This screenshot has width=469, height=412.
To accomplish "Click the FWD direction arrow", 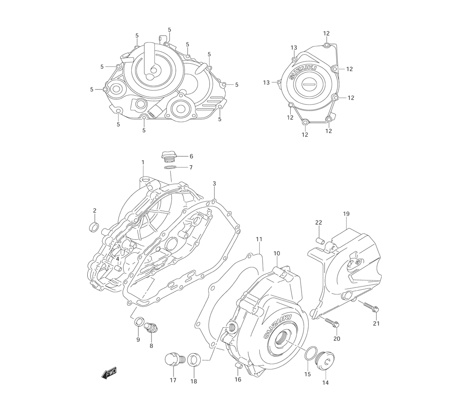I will point(109,373).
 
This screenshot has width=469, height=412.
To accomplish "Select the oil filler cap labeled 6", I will point(168,156).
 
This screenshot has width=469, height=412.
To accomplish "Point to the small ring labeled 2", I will point(94,228).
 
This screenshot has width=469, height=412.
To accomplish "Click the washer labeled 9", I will point(139,323).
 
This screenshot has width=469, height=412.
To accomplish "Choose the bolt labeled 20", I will point(333,323).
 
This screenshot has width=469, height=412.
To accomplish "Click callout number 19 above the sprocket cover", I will point(346,214).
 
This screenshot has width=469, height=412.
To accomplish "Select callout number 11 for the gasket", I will point(258,239).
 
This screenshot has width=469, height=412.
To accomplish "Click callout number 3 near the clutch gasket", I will point(214,183).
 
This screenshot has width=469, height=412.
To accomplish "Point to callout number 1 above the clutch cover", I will point(143,162).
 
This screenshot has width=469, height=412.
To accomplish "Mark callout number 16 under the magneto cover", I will point(238,379).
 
